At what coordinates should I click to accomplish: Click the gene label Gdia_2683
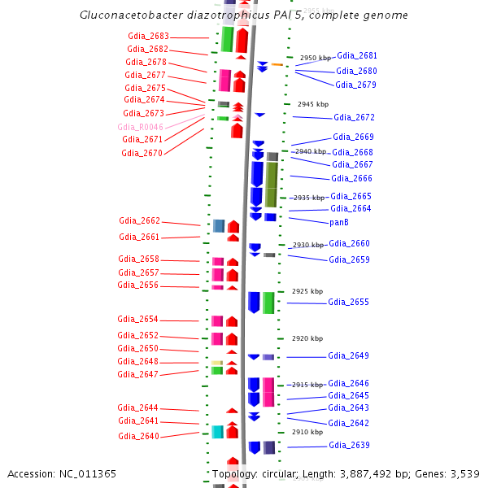point(149,36)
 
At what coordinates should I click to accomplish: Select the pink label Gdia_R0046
point(140,127)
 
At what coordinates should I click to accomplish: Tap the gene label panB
point(339,222)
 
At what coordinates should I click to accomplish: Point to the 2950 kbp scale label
point(316,58)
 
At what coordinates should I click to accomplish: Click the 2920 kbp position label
point(307,338)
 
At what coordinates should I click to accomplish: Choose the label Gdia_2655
point(348,302)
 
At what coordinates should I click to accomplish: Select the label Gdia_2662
point(139,220)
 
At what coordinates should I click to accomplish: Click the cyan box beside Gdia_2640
point(217,431)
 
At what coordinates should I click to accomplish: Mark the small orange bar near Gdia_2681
point(277,64)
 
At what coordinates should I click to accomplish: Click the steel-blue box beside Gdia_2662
point(219,225)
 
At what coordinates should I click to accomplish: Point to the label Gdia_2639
point(349,445)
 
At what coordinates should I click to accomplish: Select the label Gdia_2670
point(142,153)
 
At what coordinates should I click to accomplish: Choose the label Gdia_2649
point(348,355)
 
